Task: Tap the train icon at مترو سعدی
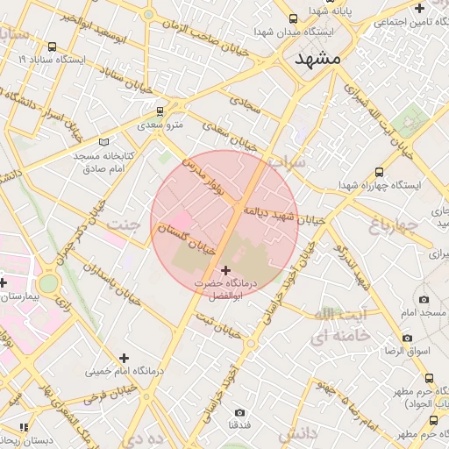point(159,111)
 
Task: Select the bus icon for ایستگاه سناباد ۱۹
point(53,46)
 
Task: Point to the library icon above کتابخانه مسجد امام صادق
point(105,141)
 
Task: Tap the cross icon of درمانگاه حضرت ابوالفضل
point(227,270)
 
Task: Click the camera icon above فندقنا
point(239,412)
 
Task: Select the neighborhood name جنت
point(123,225)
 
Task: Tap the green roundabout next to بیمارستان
point(47,282)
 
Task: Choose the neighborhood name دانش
point(297,434)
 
